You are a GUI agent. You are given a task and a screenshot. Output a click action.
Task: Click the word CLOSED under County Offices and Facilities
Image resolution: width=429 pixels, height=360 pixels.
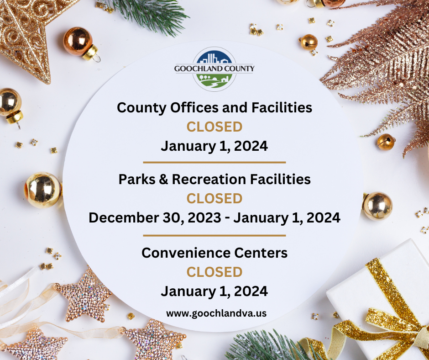(x=214, y=127)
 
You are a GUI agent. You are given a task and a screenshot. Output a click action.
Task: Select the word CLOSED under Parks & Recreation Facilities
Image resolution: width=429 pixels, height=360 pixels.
(x=214, y=199)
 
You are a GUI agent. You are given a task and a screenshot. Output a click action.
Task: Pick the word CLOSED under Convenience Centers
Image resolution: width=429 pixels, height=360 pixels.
(x=214, y=272)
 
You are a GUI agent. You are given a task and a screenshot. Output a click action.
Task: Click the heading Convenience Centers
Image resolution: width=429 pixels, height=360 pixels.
(x=214, y=253)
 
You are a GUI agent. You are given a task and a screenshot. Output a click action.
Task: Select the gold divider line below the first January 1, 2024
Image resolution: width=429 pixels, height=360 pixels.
(x=214, y=162)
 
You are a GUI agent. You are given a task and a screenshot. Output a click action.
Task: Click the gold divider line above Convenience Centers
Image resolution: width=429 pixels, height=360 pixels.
(x=214, y=236)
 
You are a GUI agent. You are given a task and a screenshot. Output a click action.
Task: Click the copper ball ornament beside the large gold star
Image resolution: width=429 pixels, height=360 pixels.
(x=79, y=42)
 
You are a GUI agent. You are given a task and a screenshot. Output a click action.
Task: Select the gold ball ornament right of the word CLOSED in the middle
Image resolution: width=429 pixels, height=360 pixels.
(x=377, y=206)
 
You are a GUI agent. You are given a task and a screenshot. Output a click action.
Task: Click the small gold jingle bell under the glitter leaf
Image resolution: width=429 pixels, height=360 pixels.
(x=386, y=142)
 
